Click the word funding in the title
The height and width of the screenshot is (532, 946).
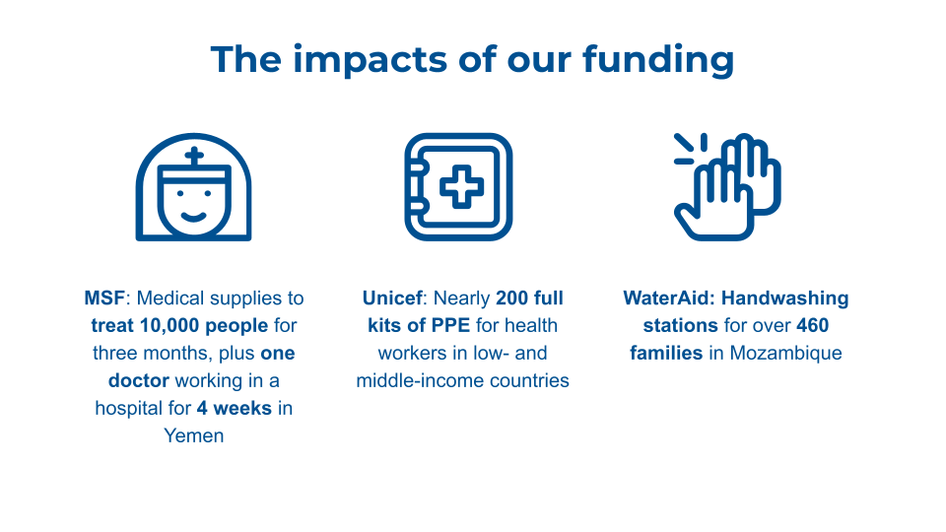point(658,60)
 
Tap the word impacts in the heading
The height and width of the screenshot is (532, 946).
point(370,60)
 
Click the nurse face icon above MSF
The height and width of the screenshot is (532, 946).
point(194,187)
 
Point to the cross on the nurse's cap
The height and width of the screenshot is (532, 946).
point(194,157)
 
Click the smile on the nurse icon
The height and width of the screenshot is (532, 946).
point(194,217)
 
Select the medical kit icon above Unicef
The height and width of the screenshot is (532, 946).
point(458,187)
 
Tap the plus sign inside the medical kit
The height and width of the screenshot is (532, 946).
point(461,187)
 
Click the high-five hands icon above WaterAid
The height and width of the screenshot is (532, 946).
point(727,187)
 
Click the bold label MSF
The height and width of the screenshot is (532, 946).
point(104,298)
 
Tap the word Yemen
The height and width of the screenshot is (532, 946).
point(194,435)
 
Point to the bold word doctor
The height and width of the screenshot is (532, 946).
point(139,380)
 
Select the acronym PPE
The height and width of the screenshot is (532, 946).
point(450,326)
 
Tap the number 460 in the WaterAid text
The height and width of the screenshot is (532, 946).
point(813,326)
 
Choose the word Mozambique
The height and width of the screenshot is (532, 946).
point(786,353)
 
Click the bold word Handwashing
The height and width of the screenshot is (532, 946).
point(785,298)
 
